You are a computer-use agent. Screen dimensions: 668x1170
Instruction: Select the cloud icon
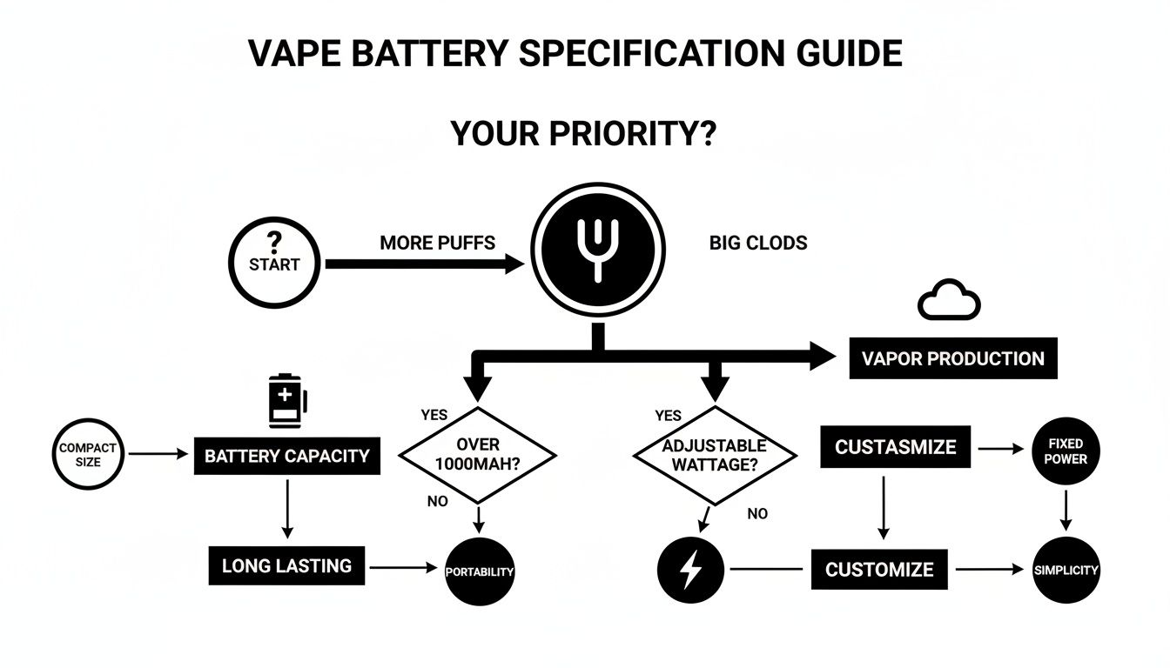tap(949, 301)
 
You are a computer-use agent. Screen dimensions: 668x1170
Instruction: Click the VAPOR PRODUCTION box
tap(952, 358)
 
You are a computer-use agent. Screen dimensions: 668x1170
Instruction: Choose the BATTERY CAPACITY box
tap(286, 456)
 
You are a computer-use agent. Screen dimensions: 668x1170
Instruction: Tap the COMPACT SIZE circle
tap(88, 455)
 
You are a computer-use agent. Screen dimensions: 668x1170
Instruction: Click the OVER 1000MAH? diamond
tap(476, 455)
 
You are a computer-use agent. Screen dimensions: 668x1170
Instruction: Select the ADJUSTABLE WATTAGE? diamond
tap(714, 455)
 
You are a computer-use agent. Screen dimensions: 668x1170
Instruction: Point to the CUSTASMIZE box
tap(895, 447)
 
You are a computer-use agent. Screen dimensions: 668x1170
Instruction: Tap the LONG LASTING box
tap(286, 566)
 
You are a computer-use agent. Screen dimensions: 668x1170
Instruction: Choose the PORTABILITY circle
tap(480, 571)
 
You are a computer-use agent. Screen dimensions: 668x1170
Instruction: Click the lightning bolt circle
tap(690, 570)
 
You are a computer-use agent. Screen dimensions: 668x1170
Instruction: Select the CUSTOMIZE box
tap(879, 570)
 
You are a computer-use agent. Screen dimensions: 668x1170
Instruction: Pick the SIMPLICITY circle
tap(1066, 570)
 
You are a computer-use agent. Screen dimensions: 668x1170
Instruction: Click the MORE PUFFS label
tap(437, 243)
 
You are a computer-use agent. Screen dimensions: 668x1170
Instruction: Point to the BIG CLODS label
tap(758, 243)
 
